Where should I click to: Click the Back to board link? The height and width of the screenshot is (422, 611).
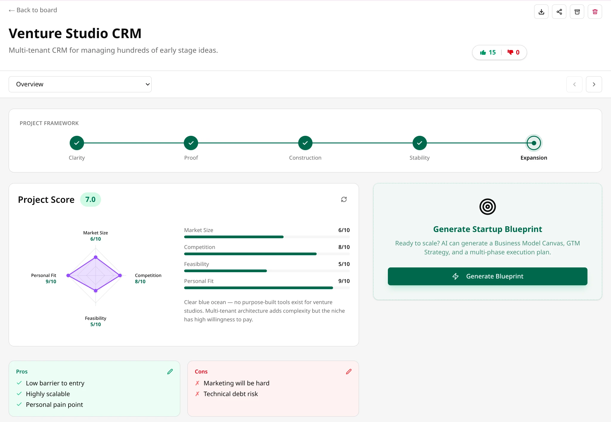33,10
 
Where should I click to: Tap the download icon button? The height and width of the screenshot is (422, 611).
541,12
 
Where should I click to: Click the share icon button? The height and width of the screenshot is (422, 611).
559,12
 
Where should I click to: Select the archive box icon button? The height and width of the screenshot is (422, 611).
577,12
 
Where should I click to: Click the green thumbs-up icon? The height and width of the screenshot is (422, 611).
483,52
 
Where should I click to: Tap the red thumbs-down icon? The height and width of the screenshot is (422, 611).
510,52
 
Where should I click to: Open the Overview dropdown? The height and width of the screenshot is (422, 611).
80,84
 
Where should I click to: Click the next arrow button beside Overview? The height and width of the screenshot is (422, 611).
594,84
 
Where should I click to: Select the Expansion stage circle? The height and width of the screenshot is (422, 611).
534,143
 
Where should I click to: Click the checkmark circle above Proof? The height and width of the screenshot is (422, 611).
191,143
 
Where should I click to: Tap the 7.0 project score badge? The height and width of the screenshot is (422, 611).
90,200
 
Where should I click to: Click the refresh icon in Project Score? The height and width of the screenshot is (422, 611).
344,200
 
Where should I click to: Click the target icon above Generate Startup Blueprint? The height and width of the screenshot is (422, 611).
487,207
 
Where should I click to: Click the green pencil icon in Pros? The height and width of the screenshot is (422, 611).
170,372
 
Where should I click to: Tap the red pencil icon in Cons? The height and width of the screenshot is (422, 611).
349,372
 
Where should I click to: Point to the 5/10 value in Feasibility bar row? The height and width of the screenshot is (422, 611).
344,264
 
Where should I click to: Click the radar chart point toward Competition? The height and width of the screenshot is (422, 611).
120,275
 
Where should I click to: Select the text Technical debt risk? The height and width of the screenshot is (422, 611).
231,394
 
